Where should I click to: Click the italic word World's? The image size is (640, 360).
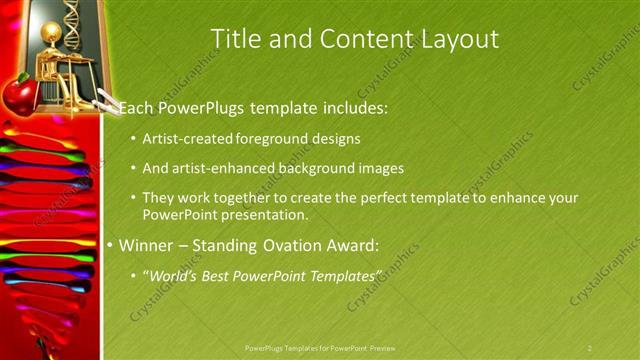pyautogui.click(x=171, y=275)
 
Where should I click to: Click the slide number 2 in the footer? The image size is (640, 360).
pyautogui.click(x=590, y=348)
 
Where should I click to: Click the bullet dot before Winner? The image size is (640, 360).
pyautogui.click(x=110, y=245)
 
